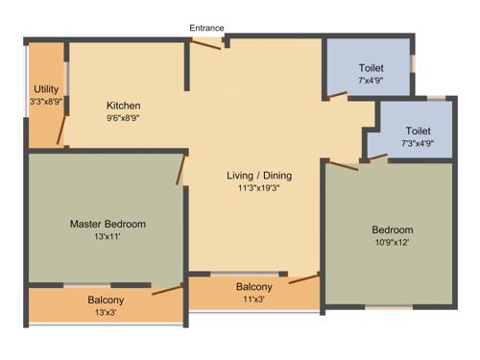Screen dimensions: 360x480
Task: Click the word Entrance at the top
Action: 207,28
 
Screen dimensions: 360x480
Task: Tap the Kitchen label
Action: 124,106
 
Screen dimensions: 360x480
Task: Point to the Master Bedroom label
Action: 108,225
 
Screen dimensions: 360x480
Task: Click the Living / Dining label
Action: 259,176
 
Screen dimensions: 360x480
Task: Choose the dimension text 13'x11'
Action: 108,238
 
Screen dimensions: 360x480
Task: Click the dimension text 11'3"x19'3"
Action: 259,189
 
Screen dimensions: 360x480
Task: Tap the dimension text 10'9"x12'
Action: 393,244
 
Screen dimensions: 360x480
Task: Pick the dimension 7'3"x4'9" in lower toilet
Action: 417,144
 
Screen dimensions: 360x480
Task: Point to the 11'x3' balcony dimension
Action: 254,300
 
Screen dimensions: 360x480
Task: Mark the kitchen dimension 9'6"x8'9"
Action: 124,119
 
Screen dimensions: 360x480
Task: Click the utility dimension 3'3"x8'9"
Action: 46,101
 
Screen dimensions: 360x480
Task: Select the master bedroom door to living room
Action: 180,170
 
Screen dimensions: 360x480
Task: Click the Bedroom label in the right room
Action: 393,230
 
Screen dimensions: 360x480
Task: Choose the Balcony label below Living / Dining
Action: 254,287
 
